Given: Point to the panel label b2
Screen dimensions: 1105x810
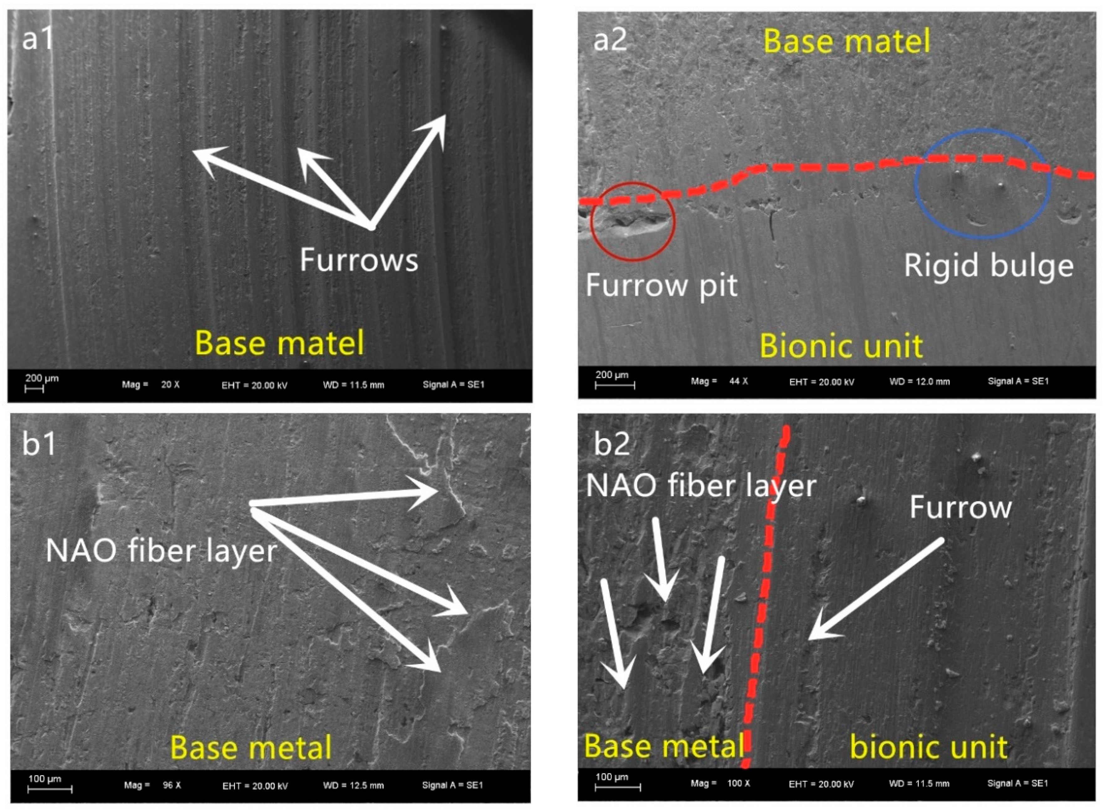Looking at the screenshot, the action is pos(611,444).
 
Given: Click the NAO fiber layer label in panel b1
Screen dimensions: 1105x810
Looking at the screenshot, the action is pos(162,550).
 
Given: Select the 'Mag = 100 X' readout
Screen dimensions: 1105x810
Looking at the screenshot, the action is pos(720,783).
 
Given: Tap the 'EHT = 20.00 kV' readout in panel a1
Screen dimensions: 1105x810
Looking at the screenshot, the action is pos(254,385).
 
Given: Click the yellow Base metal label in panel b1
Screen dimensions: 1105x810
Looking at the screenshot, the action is pos(251,748).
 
